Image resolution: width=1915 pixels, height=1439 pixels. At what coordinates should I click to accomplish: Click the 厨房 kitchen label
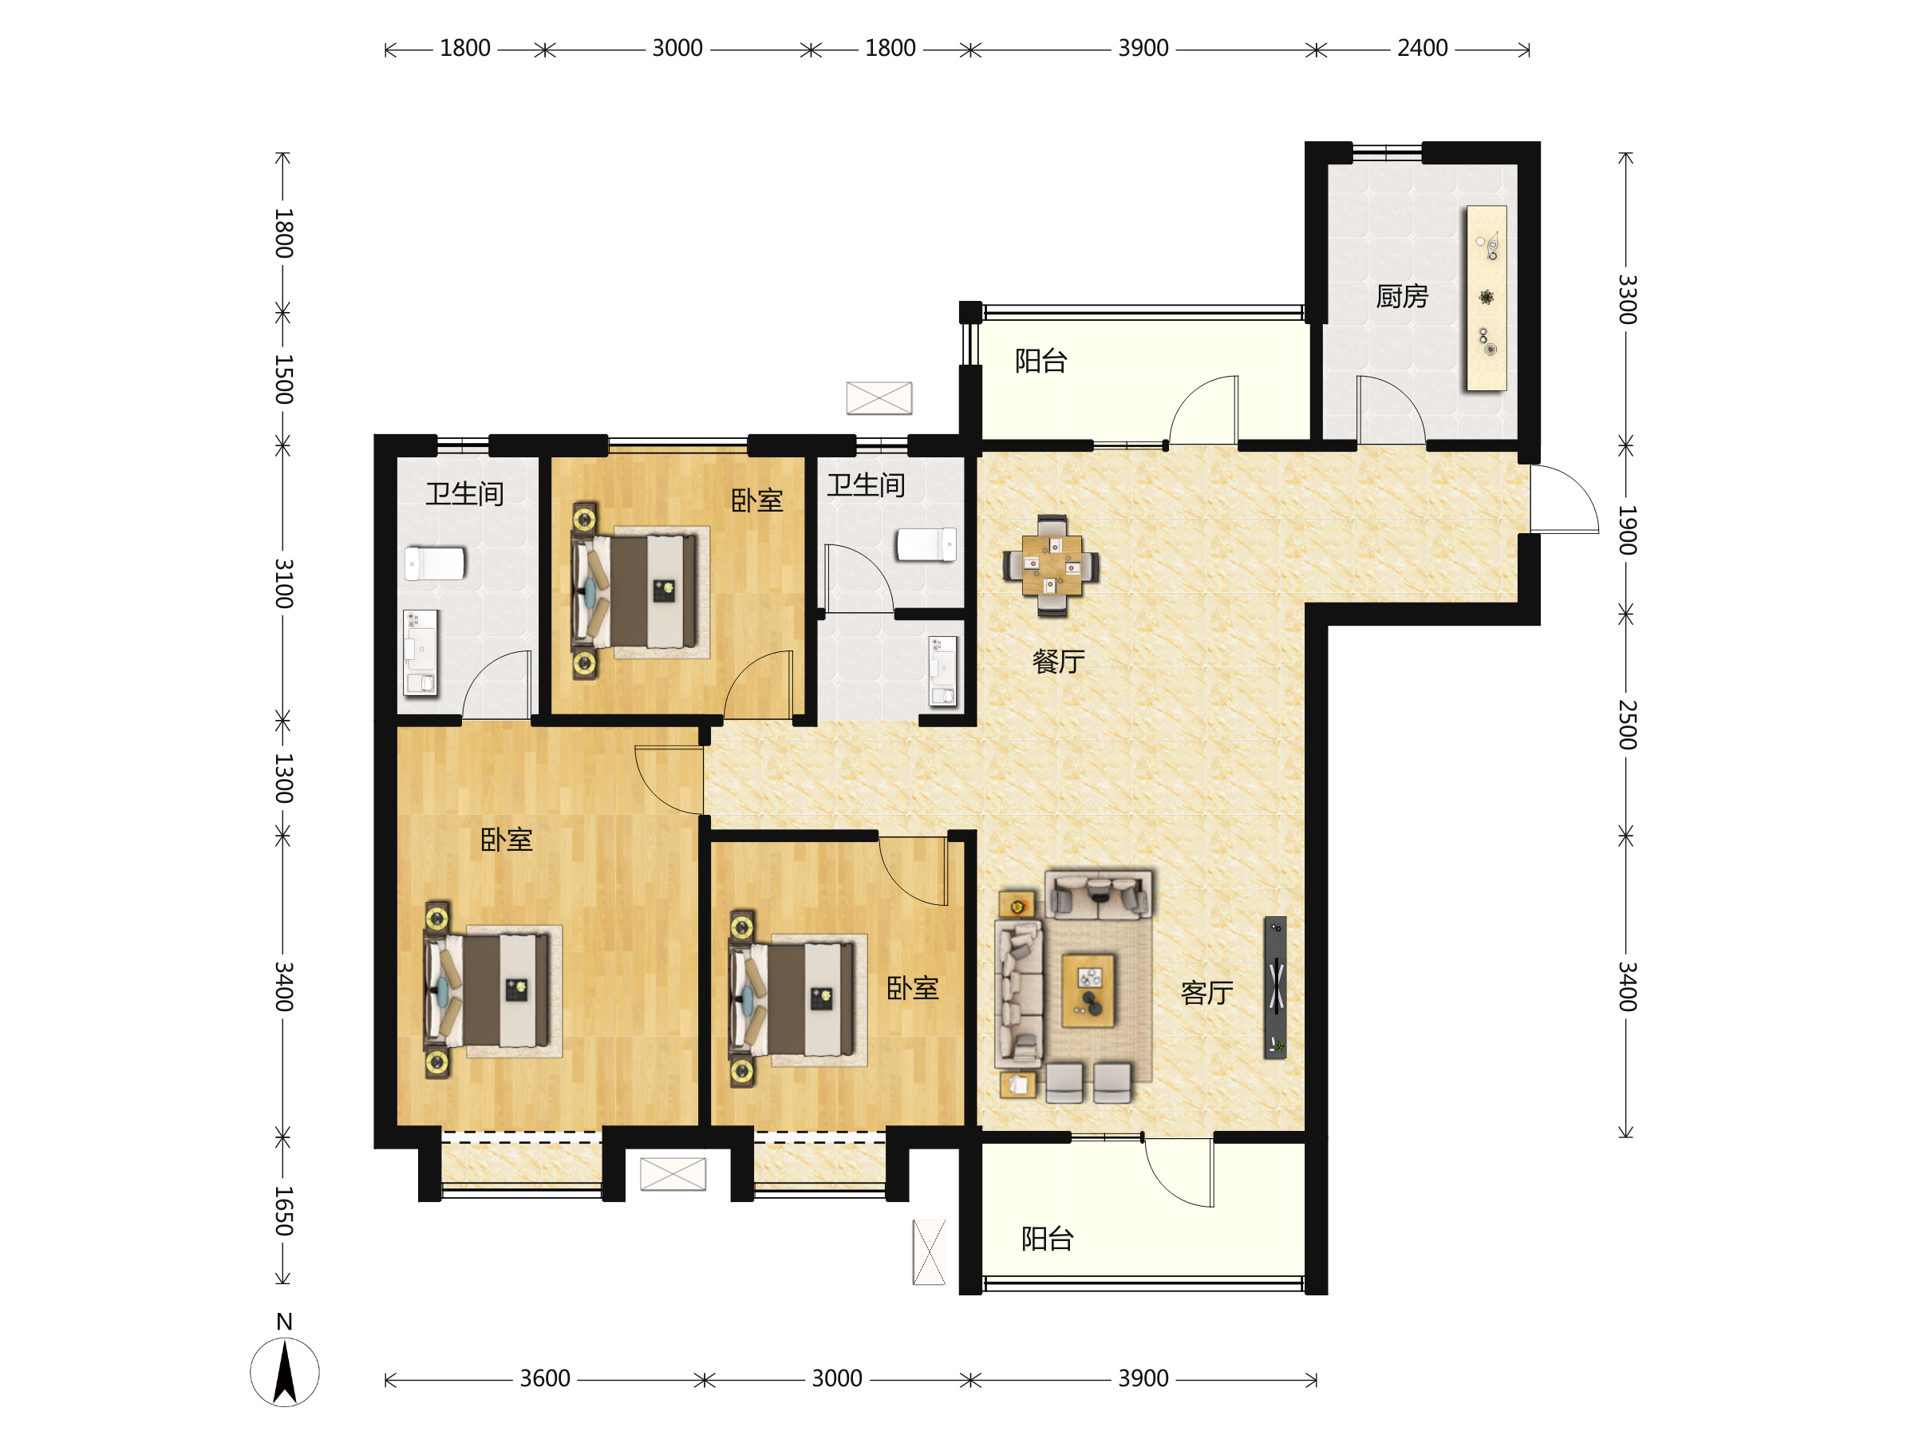(1402, 297)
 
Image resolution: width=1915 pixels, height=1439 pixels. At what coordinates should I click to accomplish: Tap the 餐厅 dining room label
(1058, 662)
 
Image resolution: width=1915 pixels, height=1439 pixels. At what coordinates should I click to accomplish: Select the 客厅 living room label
(1206, 992)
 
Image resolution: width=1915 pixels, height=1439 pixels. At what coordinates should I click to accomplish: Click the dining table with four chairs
(1051, 565)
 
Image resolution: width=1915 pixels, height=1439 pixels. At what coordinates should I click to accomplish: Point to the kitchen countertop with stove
(1487, 298)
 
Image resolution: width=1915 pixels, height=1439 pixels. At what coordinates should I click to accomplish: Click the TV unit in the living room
(1275, 987)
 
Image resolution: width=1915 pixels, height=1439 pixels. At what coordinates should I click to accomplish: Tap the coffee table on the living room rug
(1088, 990)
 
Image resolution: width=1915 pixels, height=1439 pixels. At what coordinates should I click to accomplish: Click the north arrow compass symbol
(285, 1371)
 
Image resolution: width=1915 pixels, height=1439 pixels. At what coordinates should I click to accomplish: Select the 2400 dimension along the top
(1423, 49)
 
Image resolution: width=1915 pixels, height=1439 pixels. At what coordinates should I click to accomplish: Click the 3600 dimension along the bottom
(544, 1378)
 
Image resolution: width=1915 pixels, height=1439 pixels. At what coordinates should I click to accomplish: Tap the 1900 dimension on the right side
(1628, 530)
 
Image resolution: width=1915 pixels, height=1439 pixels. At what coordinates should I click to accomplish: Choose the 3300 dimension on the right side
(1628, 298)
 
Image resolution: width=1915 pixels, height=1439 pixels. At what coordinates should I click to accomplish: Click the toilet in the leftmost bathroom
(435, 563)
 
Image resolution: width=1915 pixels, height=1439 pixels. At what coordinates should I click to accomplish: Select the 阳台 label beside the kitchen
(1040, 361)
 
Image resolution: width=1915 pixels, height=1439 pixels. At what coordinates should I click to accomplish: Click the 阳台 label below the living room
(1047, 1239)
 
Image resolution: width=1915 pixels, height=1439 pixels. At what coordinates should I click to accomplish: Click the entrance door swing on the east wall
(1565, 500)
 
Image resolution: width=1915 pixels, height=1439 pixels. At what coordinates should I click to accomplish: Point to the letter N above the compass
(284, 1321)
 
